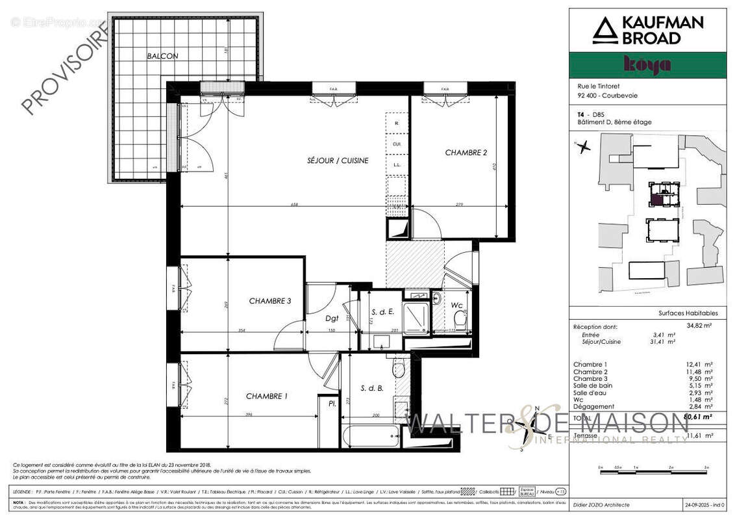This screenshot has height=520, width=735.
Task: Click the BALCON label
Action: [162, 57]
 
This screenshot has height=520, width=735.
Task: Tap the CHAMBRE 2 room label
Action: [466, 153]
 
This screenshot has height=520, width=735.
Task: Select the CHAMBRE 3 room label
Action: [269, 301]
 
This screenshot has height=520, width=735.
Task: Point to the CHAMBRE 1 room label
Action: [266, 396]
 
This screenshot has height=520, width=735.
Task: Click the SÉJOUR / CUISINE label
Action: [338, 161]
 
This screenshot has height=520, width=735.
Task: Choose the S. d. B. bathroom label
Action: [373, 389]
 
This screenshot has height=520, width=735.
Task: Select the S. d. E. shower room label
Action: [383, 312]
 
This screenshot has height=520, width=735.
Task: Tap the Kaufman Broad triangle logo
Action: [604, 31]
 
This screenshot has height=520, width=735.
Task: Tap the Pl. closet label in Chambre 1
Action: [331, 404]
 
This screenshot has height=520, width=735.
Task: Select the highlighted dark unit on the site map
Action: [657, 199]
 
